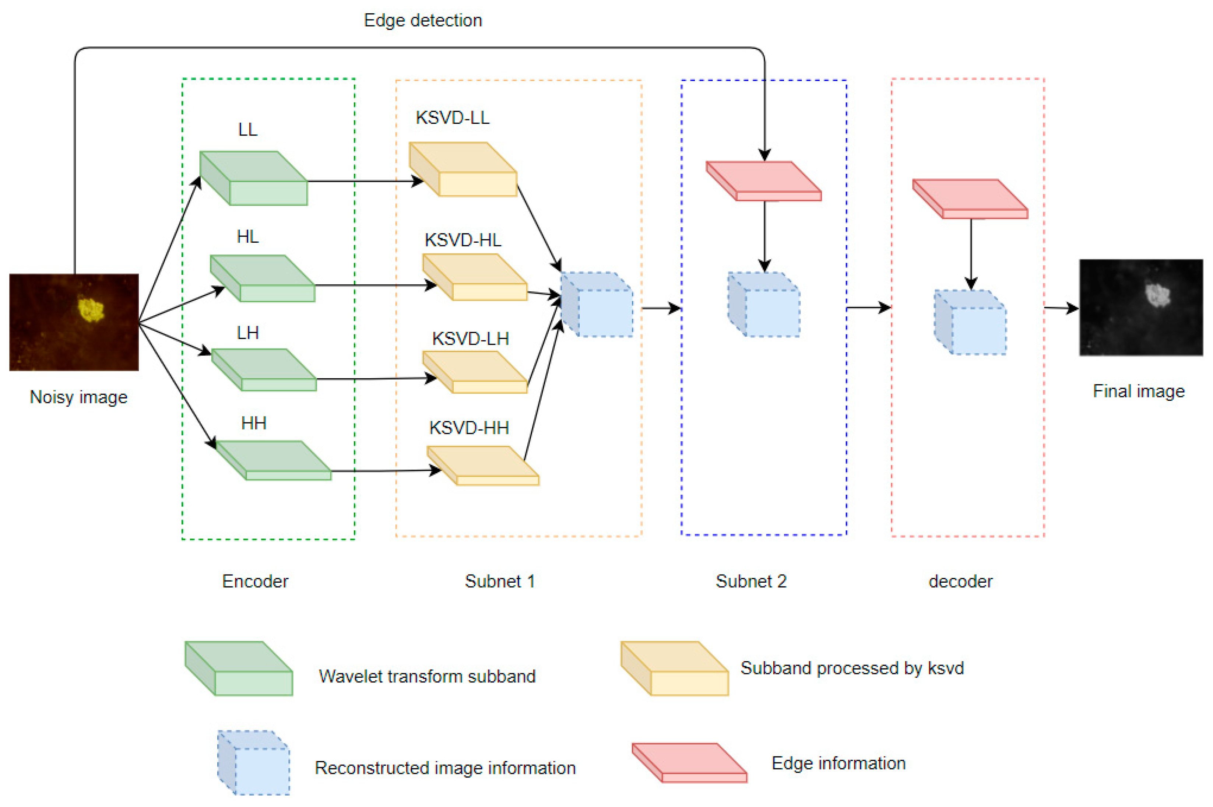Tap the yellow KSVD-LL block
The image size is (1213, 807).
click(x=463, y=170)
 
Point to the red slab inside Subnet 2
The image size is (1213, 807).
click(x=764, y=181)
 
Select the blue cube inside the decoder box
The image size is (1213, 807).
click(x=971, y=323)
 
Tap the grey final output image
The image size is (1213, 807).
click(x=1140, y=307)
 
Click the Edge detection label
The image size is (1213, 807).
click(x=423, y=21)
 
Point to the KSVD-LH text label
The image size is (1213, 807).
click(x=470, y=338)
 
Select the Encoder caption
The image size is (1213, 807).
click(x=255, y=581)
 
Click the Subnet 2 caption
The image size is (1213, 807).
click(x=751, y=581)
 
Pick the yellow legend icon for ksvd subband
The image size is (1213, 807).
click(x=674, y=669)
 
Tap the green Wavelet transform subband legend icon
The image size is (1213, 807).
click(x=239, y=669)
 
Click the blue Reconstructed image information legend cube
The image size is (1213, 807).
click(x=254, y=763)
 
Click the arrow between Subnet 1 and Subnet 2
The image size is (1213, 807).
click(x=661, y=308)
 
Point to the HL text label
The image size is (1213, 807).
click(x=247, y=237)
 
